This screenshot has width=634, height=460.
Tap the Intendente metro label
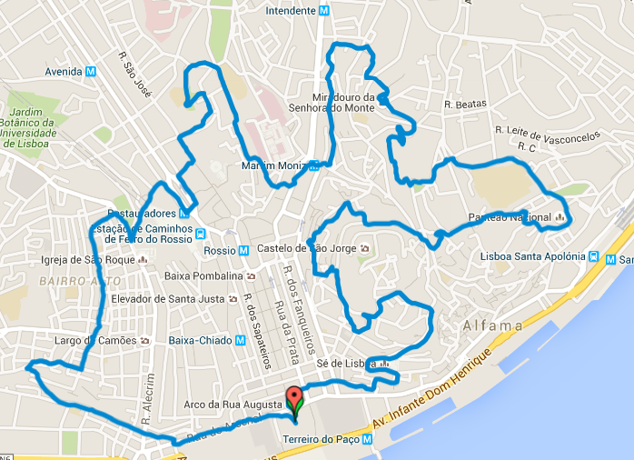[x=290, y=11]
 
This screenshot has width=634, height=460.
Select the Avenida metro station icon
[x=90, y=72]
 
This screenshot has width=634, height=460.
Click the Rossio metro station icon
[x=243, y=251]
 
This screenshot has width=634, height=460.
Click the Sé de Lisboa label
[x=346, y=364]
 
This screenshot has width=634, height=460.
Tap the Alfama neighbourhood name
[x=492, y=325]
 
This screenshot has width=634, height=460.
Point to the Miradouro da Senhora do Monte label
[x=343, y=103]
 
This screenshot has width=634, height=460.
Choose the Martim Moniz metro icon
[x=313, y=165]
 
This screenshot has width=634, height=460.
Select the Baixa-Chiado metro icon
[x=240, y=341]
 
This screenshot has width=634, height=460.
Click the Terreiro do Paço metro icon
[x=367, y=439]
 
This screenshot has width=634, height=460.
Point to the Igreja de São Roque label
[x=88, y=260]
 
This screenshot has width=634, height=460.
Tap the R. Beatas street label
[x=465, y=105]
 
